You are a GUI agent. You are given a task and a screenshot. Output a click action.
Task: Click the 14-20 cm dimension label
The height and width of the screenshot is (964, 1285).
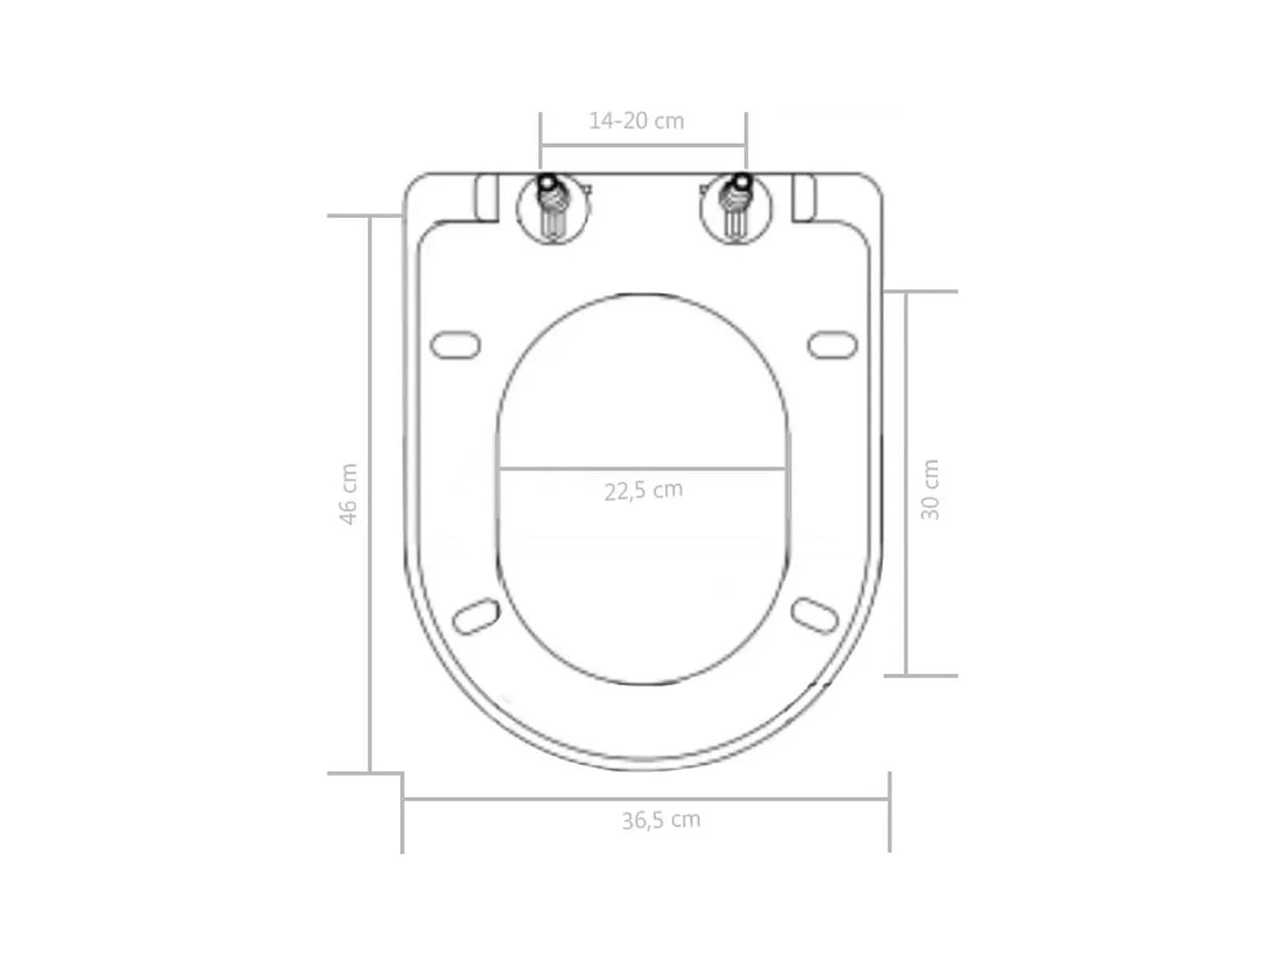click(x=636, y=120)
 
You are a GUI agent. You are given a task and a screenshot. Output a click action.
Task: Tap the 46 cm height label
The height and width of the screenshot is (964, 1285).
click(x=348, y=493)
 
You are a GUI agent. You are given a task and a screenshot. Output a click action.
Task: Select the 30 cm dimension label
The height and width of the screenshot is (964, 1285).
click(x=929, y=489)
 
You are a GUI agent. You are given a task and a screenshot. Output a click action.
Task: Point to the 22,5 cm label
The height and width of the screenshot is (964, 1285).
click(x=642, y=491)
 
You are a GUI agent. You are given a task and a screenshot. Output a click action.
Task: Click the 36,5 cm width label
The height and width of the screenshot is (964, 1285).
click(x=660, y=820)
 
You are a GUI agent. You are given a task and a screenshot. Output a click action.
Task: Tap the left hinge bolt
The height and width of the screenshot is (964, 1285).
click(x=553, y=207)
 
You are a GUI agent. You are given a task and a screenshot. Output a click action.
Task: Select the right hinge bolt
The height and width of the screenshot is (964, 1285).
click(x=736, y=207)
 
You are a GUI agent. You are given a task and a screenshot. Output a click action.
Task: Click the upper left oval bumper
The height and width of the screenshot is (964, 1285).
click(x=455, y=345)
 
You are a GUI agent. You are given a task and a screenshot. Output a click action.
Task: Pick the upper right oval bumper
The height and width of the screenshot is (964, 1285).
click(x=832, y=345)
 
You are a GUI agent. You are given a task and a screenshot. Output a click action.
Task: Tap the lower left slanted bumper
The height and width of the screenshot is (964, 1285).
click(x=476, y=616)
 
